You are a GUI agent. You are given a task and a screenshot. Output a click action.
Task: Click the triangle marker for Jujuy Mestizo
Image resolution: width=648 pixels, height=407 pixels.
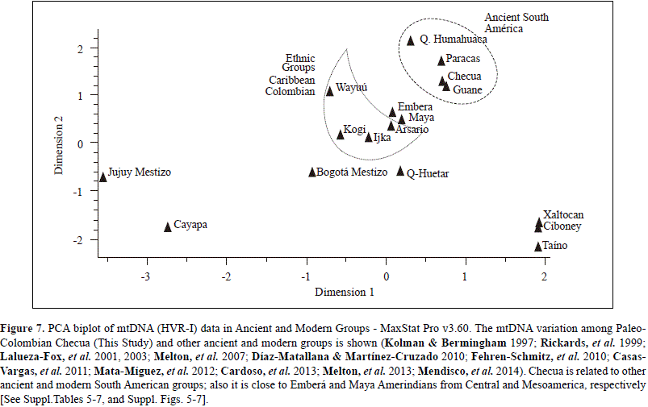(102, 177)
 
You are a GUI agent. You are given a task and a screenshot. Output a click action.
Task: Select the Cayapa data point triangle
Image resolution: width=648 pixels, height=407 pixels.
(168, 227)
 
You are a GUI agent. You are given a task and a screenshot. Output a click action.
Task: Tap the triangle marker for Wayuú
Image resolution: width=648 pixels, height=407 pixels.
(329, 90)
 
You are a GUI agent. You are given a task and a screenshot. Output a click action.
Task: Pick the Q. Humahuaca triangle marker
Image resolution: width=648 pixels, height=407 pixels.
(411, 40)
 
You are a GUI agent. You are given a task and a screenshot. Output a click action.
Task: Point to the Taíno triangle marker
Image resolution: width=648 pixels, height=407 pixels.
(538, 246)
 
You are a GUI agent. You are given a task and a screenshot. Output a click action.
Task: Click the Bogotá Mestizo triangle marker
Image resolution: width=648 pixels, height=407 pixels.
(312, 172)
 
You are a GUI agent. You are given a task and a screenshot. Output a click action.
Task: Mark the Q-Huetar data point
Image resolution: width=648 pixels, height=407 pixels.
(400, 171)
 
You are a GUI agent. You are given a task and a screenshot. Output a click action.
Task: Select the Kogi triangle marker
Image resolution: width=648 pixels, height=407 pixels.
(341, 135)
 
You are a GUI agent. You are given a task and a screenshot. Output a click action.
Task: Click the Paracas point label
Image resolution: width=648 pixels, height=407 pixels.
(463, 60)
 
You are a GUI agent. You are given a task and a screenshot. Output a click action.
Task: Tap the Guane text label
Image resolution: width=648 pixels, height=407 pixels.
(467, 89)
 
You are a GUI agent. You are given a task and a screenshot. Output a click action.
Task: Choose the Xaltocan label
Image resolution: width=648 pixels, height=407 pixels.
(563, 215)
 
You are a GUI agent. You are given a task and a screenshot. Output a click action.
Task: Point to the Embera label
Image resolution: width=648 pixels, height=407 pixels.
(415, 107)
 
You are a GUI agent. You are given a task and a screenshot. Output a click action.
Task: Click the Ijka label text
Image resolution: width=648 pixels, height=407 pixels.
(383, 137)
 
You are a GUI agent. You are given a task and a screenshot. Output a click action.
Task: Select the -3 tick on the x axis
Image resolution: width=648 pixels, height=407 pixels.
(146, 277)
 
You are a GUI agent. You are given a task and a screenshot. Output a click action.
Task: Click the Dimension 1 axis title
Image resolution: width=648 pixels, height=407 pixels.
(345, 292)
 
